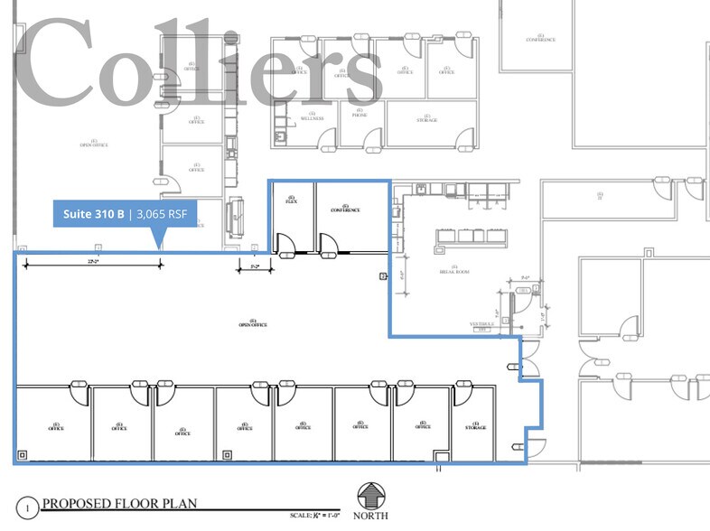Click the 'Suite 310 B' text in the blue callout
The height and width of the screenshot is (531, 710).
pos(94,214)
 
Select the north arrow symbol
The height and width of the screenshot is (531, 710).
pos(371,496)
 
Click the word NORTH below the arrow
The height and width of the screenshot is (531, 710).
pos(371,516)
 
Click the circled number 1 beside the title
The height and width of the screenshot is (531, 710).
pos(27,509)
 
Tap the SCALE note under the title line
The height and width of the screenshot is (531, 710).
pos(312,515)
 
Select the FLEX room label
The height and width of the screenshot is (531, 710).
pos(291,200)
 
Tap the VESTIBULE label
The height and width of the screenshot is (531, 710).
pos(480,322)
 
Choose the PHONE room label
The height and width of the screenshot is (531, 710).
pos(360,117)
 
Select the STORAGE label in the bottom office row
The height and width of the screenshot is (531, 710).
pos(475,426)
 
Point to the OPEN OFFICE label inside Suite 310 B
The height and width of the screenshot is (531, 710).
pos(253,323)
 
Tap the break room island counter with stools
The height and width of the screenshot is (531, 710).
pos(472,237)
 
